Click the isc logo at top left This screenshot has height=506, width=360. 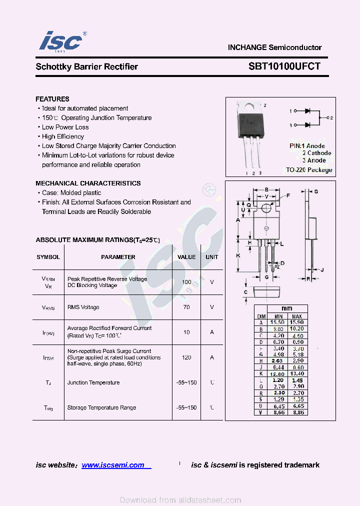point(60,41)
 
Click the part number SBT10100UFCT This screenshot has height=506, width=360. point(284,66)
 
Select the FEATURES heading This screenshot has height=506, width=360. point(52,99)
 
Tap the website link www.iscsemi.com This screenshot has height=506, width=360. point(113,465)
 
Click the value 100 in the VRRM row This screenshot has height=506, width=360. point(186,282)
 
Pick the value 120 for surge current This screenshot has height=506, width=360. point(186,357)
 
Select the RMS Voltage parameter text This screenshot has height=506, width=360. point(83,307)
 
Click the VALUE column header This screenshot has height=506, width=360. point(186,257)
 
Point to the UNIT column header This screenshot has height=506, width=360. point(212,257)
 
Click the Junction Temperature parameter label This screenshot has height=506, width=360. point(93,382)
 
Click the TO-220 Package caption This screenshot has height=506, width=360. point(309,170)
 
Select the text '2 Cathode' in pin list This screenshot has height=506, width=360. point(316,153)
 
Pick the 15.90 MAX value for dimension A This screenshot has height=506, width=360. point(296,323)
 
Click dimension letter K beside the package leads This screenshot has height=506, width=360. point(238,255)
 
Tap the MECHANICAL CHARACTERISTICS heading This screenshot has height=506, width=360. point(88,183)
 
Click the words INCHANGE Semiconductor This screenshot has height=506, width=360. point(274,47)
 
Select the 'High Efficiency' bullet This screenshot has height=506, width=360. point(63,136)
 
